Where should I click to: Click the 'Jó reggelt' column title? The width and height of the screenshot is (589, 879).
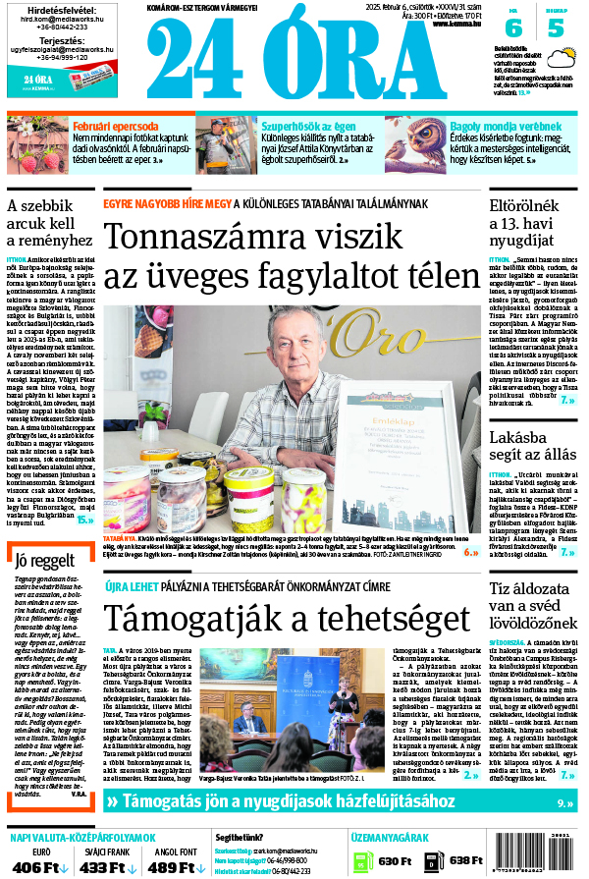46,561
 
